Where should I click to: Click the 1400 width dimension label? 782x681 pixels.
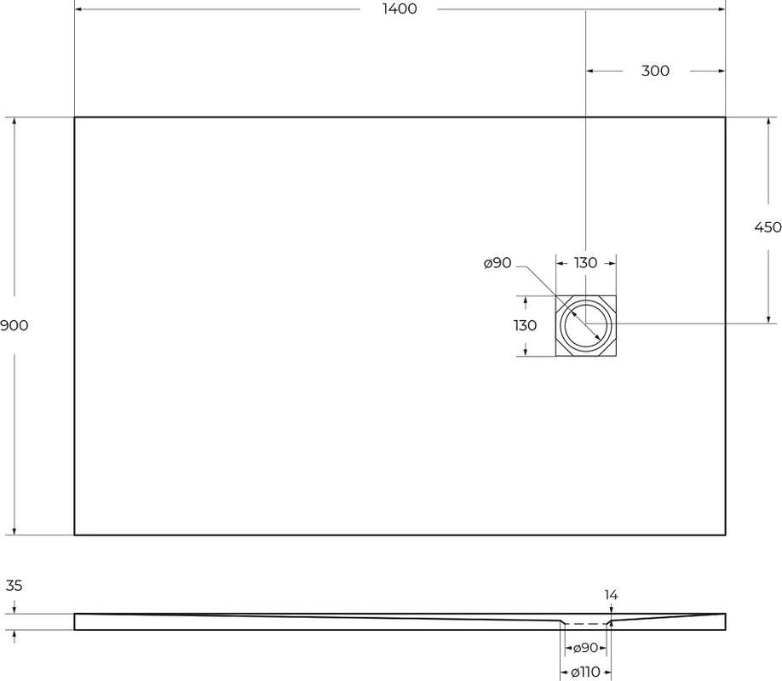(400, 9)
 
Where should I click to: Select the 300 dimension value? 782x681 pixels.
(655, 71)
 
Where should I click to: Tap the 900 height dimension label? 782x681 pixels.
(14, 325)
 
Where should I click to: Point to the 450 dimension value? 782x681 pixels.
(768, 227)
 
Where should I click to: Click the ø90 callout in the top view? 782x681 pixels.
(497, 263)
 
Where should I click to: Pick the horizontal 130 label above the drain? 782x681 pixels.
(585, 263)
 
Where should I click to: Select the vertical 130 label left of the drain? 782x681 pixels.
(525, 325)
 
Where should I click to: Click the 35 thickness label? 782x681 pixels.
(14, 586)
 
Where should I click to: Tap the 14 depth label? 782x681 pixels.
(611, 595)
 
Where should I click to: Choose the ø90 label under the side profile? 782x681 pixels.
(585, 648)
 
